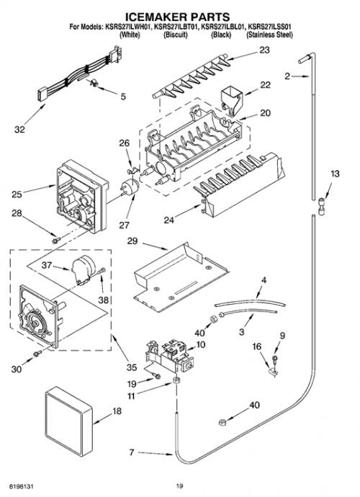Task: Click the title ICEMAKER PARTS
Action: (x=178, y=17)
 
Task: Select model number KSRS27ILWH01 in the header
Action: (x=127, y=27)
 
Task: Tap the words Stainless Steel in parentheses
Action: (x=270, y=35)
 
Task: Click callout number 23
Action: (x=265, y=50)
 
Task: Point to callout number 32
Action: (x=19, y=130)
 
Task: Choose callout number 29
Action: (x=132, y=241)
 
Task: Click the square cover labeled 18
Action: (x=68, y=421)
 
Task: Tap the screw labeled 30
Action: (x=37, y=353)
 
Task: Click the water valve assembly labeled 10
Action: (x=168, y=355)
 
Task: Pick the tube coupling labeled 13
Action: (x=321, y=206)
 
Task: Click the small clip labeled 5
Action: (x=94, y=83)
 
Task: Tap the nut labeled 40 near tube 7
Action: (x=222, y=422)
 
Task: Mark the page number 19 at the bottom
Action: (x=180, y=486)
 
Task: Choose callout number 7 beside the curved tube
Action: (x=132, y=452)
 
